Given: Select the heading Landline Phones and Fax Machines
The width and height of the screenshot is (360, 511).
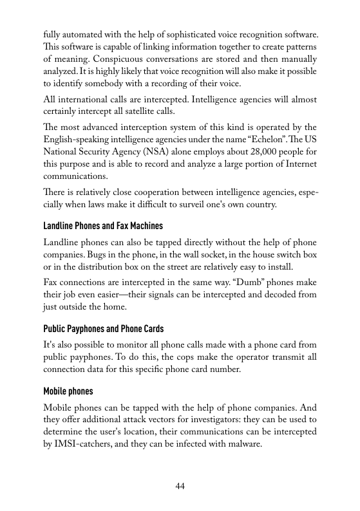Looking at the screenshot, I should click(103, 227).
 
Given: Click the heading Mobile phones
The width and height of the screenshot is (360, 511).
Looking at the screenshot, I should click(68, 391).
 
